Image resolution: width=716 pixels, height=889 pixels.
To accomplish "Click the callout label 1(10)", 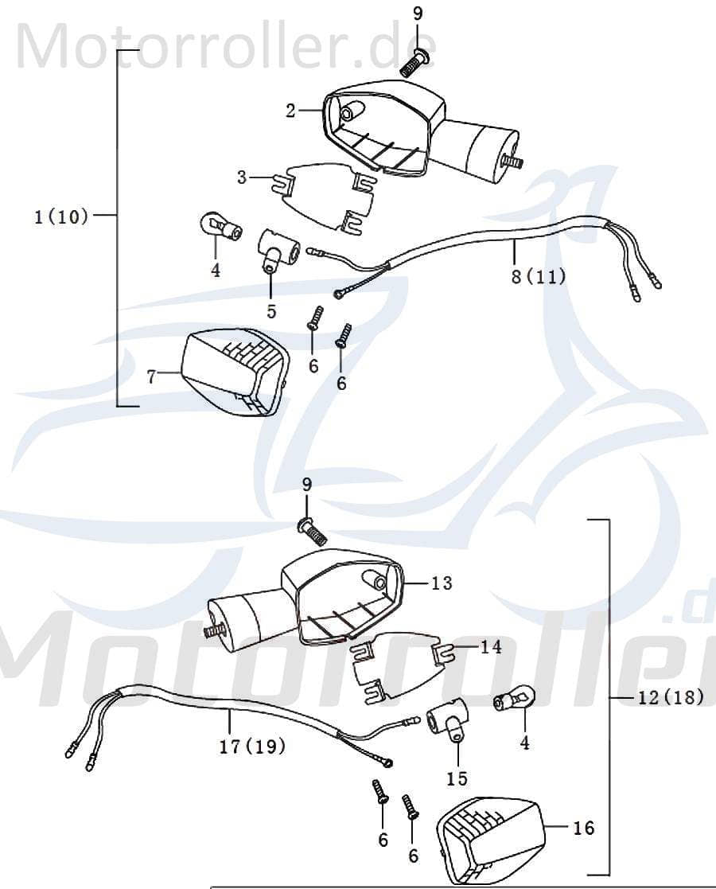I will (x=61, y=216).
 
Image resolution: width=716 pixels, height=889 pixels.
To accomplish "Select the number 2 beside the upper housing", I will (x=291, y=111).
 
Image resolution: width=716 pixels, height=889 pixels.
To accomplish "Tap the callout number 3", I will (x=242, y=177).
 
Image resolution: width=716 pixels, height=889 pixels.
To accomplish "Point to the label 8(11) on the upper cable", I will (x=537, y=277).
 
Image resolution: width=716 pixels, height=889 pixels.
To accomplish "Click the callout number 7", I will (x=151, y=376).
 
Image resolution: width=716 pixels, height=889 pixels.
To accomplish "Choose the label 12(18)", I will (x=671, y=697).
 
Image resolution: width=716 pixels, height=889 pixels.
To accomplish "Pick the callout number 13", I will (x=442, y=583).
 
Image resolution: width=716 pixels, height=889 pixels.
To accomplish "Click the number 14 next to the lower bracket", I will (x=491, y=647).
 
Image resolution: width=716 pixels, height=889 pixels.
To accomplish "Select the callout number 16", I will (x=583, y=828).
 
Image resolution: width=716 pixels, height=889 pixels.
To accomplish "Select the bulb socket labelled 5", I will (x=277, y=248).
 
